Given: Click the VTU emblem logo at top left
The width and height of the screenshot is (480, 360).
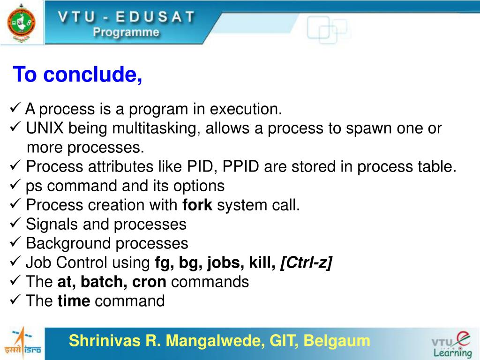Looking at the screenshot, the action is coord(21,23).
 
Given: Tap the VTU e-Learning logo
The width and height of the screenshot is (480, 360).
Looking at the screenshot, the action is coord(452,345).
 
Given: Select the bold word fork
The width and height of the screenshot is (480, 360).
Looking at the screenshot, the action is coord(197,205).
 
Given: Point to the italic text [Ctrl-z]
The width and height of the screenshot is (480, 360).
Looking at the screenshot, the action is coord(306,262).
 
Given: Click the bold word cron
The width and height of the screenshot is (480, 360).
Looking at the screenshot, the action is coord(149,282).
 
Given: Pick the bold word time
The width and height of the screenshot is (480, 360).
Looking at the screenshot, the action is coord(74,300).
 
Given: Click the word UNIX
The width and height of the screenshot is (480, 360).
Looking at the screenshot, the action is coord(45,128).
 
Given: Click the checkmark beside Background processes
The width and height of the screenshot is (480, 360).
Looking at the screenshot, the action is coord(15,242).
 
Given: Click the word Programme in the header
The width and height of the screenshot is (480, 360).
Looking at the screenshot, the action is coord(126,32).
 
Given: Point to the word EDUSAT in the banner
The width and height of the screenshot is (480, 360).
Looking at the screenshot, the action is coord(155,16).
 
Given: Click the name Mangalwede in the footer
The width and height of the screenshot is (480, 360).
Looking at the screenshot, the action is coord(215,341).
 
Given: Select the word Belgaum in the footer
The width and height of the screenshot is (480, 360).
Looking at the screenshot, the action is coord(337,341).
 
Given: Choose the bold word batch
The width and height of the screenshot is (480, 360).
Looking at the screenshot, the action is coord(104,282).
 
